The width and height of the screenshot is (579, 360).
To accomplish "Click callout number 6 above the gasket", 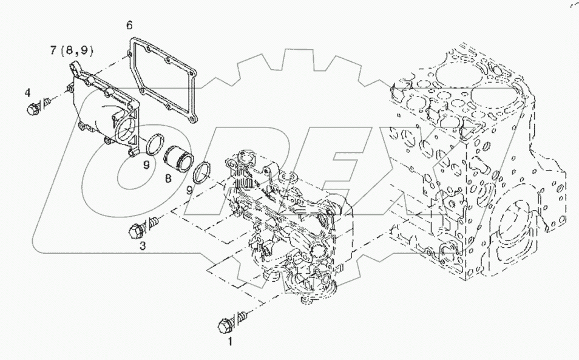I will point(129,25).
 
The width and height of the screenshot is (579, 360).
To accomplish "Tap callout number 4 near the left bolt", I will point(27,92).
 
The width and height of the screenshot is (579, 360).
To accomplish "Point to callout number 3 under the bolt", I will point(143,245).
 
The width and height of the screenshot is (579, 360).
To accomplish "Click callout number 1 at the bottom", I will point(229,342).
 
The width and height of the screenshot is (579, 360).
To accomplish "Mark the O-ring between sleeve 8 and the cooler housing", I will point(202,172).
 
